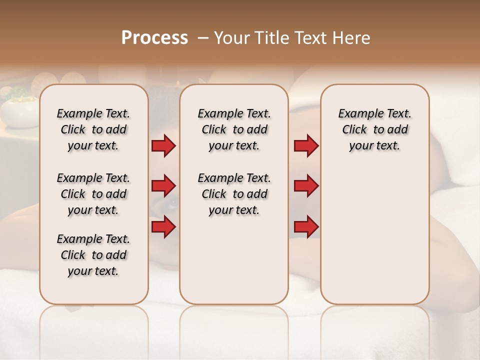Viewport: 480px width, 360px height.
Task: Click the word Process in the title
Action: [154, 38]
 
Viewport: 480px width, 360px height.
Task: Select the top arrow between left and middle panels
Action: [163, 145]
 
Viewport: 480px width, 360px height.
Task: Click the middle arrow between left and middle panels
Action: [163, 186]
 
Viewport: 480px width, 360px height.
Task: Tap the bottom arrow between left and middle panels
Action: [163, 227]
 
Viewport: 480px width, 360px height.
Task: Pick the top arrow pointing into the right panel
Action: [306, 145]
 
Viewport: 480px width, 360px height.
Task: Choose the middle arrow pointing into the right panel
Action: [306, 186]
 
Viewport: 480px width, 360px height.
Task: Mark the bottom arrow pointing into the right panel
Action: [306, 227]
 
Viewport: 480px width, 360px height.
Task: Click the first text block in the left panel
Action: [93, 129]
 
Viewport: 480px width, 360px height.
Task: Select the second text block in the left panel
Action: [93, 194]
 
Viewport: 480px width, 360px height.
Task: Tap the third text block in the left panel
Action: [93, 255]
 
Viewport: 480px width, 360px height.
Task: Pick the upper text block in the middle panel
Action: [234, 129]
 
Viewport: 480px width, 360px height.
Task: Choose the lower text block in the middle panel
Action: [234, 194]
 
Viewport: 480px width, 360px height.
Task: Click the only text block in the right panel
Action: [374, 129]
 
